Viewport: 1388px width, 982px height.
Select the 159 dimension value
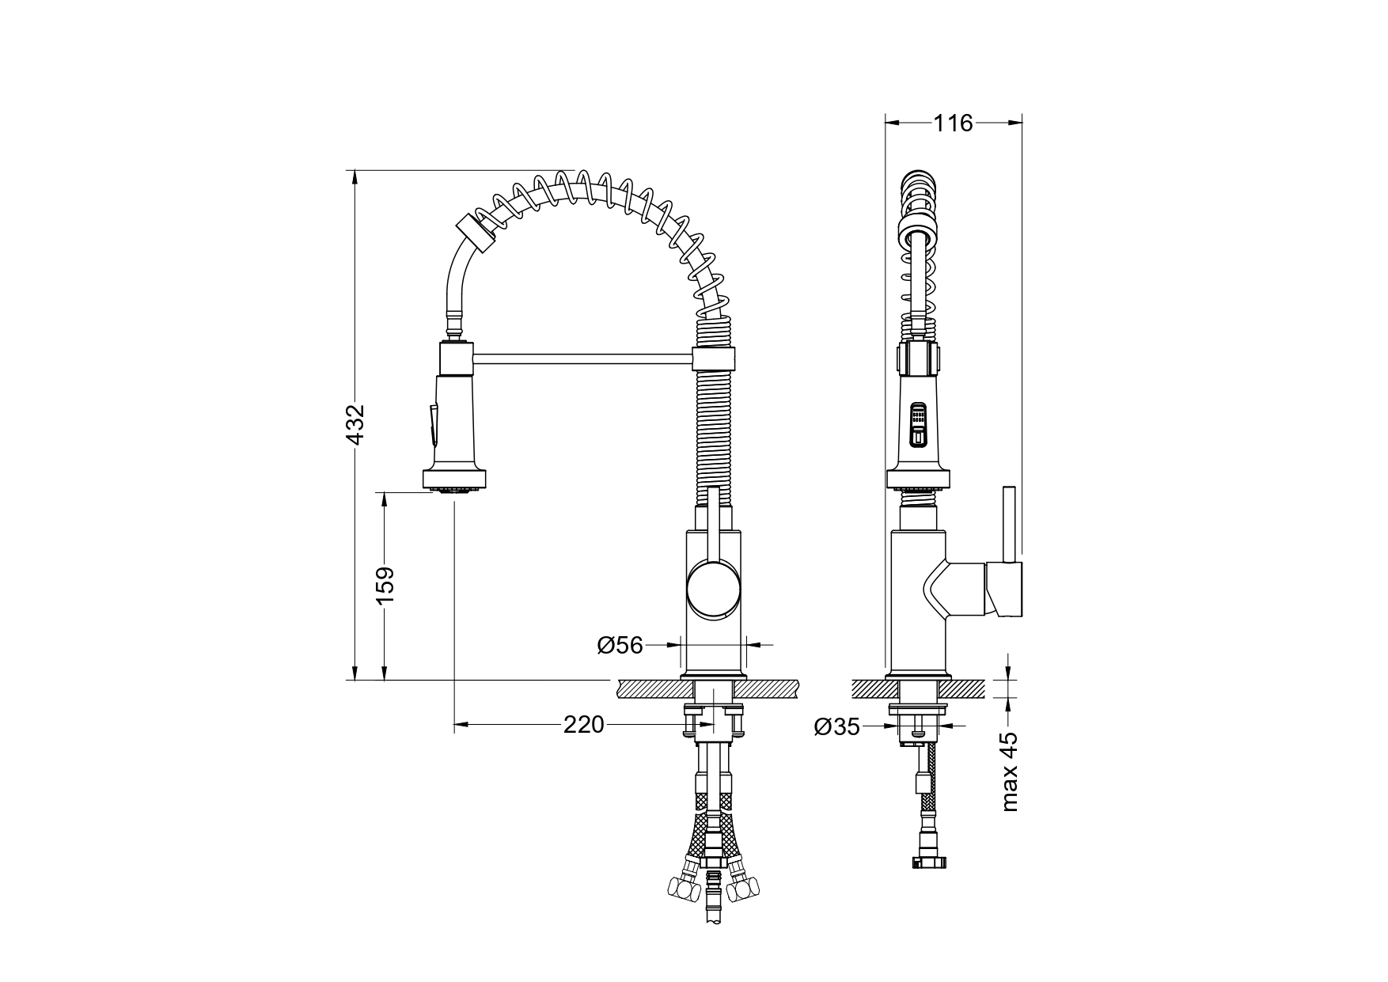pos(385,586)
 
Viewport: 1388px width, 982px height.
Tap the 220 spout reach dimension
pos(584,724)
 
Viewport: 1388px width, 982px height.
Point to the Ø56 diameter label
pos(620,646)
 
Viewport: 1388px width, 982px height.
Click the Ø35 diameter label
pos(836,726)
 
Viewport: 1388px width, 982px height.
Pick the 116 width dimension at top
pos(953,123)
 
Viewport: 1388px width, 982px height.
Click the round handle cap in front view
pos(714,589)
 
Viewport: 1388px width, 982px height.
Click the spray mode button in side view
pos(917,427)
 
